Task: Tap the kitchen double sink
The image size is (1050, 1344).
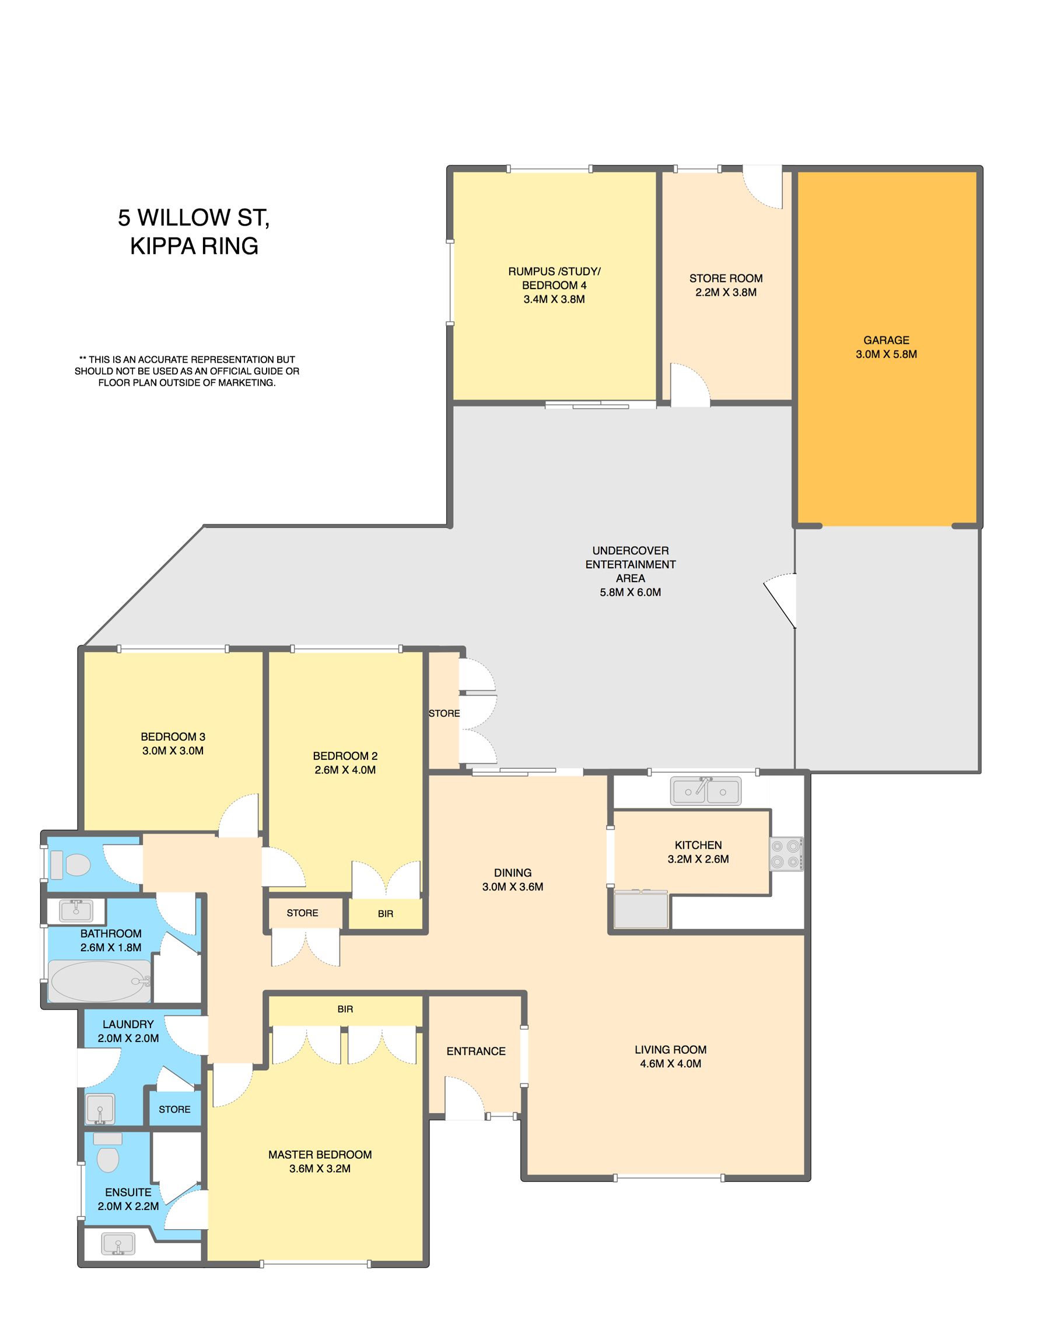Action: click(x=705, y=791)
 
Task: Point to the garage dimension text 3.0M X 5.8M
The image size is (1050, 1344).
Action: click(x=886, y=354)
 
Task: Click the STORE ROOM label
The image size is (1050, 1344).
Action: click(x=726, y=278)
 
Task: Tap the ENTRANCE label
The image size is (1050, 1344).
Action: click(x=476, y=1051)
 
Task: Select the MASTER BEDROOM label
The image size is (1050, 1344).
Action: click(x=320, y=1155)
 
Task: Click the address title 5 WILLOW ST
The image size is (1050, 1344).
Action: click(x=193, y=218)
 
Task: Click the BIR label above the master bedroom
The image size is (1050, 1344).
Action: click(x=345, y=1009)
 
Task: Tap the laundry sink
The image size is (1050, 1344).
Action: click(x=100, y=1109)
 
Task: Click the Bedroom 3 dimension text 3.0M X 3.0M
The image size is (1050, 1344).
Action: click(x=173, y=751)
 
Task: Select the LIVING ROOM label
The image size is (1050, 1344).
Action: click(x=671, y=1050)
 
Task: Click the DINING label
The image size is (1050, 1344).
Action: click(x=512, y=872)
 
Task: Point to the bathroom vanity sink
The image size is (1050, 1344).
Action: click(x=76, y=910)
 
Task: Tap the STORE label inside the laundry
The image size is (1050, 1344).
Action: click(x=175, y=1109)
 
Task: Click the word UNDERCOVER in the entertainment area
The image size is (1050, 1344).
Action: click(x=631, y=550)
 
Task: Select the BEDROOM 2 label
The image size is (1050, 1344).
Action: click(x=345, y=756)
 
